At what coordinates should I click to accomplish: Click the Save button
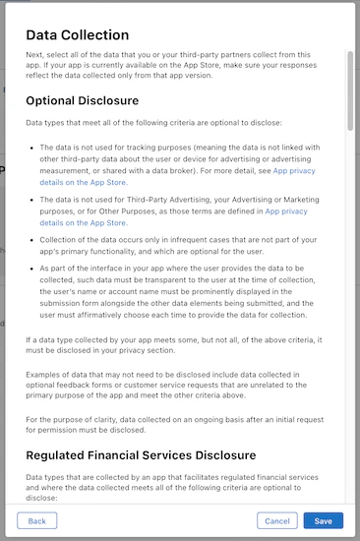click(323, 520)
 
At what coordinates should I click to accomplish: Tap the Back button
click(36, 520)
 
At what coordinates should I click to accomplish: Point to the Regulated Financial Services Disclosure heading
click(141, 454)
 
